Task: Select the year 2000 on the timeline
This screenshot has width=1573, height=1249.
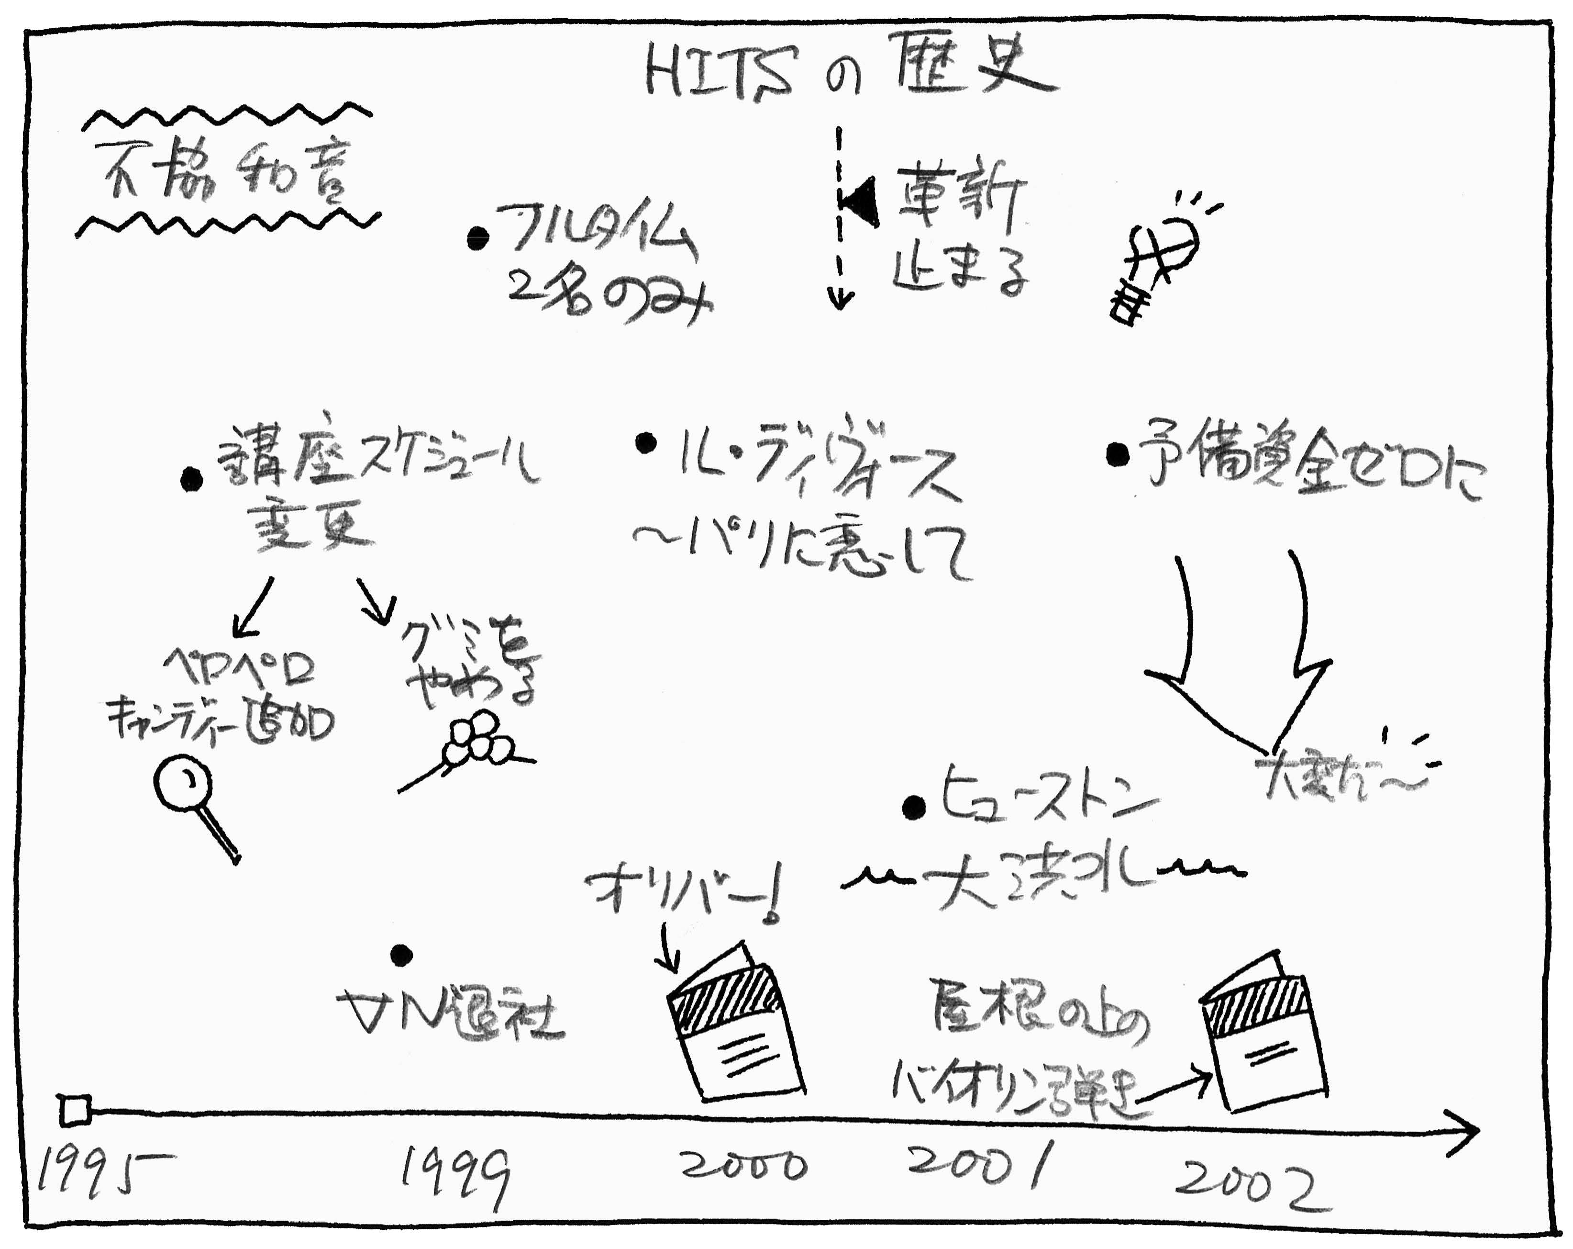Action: (744, 1166)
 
